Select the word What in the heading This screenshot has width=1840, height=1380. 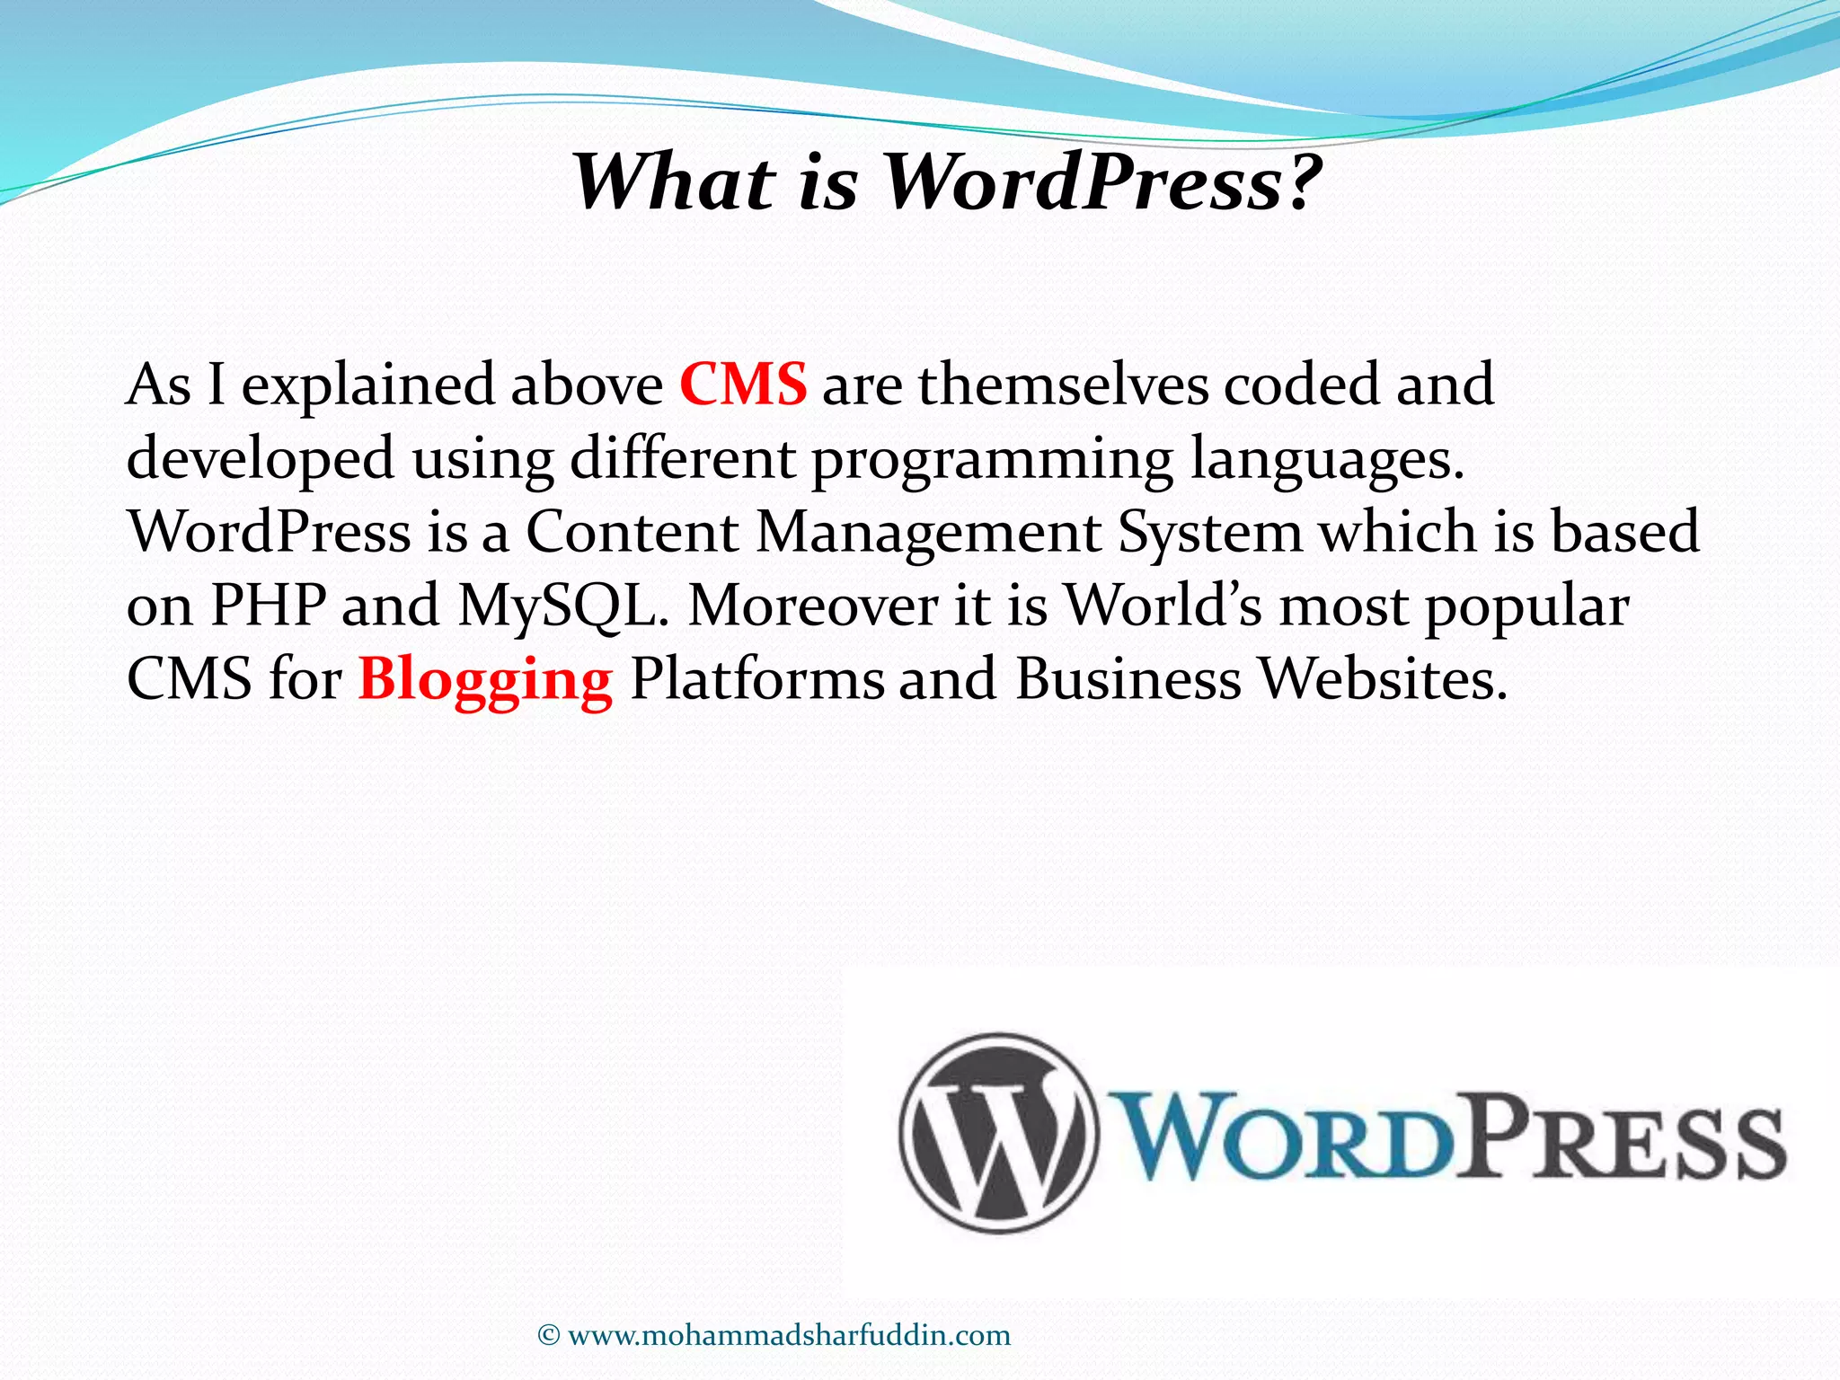tap(674, 182)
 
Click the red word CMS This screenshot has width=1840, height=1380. tap(743, 385)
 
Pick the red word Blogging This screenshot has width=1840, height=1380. tap(486, 680)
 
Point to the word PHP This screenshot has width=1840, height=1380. tap(268, 606)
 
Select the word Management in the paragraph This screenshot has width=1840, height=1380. tap(928, 532)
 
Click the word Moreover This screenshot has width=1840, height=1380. tap(813, 606)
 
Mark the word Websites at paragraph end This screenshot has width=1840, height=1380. tap(1381, 679)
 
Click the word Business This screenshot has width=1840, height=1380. tap(1128, 679)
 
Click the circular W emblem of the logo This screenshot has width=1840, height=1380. tap(997, 1134)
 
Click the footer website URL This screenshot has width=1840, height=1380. tap(789, 1335)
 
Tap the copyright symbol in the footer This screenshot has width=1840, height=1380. tap(549, 1336)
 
